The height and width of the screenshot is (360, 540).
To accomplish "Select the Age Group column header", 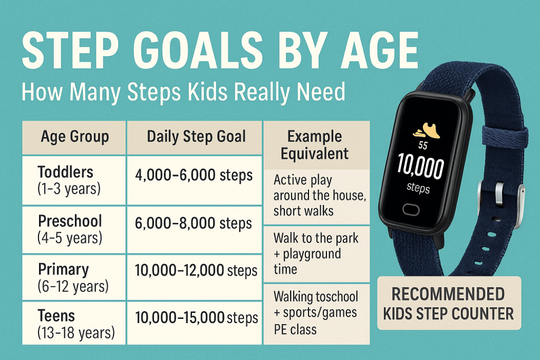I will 75,137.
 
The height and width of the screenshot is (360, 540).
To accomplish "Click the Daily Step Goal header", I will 196,137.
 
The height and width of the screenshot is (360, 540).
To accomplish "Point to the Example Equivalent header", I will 315,145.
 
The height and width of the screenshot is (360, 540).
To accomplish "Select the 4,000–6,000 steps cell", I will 195,176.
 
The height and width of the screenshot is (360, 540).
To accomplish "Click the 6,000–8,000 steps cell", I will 195,223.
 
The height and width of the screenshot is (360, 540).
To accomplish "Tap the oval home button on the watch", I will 411,209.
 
